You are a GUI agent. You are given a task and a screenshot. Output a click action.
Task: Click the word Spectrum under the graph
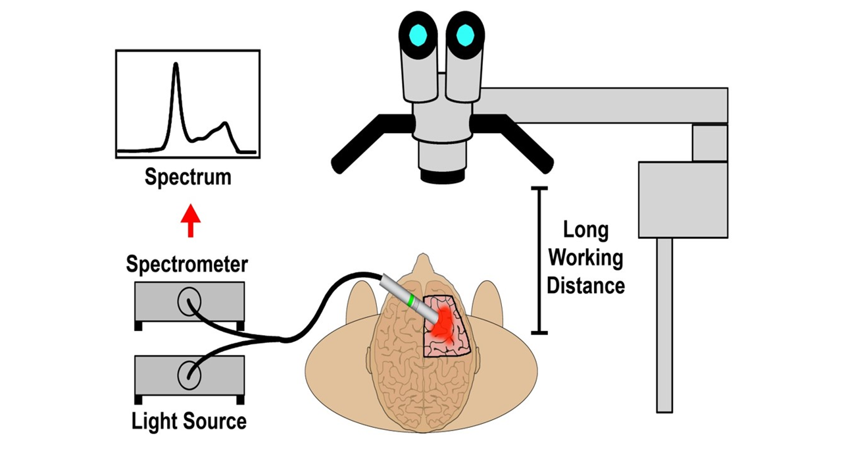(x=188, y=177)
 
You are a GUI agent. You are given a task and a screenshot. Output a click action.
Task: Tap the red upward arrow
(x=191, y=221)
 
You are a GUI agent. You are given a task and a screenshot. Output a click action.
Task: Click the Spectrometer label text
(x=187, y=265)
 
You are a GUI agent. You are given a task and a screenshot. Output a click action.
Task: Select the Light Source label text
(x=189, y=421)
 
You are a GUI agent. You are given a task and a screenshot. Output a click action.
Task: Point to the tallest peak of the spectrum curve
(x=176, y=66)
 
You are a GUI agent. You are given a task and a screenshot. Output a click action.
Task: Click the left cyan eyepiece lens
(x=418, y=34)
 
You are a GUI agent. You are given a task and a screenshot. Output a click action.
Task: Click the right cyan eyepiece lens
(x=465, y=34)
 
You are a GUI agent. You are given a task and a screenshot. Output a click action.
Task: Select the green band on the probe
(x=411, y=301)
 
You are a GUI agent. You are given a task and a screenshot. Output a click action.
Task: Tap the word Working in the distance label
(x=585, y=258)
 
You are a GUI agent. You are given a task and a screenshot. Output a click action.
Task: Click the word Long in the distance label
(x=585, y=230)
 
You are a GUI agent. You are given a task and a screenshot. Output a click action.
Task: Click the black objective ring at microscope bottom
(x=443, y=176)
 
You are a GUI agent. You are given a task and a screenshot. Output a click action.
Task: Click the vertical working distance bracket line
(x=539, y=261)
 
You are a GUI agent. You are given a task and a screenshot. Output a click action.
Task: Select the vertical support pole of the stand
(x=664, y=325)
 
